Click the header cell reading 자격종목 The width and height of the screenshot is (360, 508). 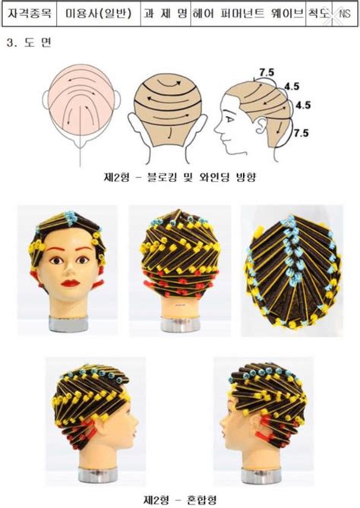coord(30,14)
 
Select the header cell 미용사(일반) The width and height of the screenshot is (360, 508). coord(99,14)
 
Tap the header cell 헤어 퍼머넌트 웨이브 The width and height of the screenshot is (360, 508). coord(248,14)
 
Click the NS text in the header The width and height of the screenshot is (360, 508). coord(345,14)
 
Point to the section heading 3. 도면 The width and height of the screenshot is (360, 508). coord(29,43)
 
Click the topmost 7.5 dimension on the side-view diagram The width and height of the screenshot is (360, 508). coord(267,73)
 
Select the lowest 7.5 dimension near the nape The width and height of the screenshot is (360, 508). coord(301,133)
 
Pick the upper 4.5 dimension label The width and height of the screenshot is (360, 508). coord(292,87)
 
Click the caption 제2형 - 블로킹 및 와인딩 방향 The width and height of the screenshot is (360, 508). coord(180,177)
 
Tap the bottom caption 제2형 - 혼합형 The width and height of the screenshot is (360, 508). coord(180,499)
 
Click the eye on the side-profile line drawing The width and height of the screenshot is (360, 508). coord(230,119)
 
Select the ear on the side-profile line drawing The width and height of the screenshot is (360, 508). coord(261,125)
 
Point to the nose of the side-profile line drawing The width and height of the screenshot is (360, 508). coord(217,130)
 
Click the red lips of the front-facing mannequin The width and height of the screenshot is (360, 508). coord(71,283)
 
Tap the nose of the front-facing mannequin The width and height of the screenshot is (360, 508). coord(69,270)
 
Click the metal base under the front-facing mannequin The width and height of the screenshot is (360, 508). coord(68,323)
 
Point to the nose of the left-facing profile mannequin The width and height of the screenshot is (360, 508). coord(223,426)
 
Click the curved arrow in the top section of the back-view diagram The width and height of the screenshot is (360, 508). coord(168,84)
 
